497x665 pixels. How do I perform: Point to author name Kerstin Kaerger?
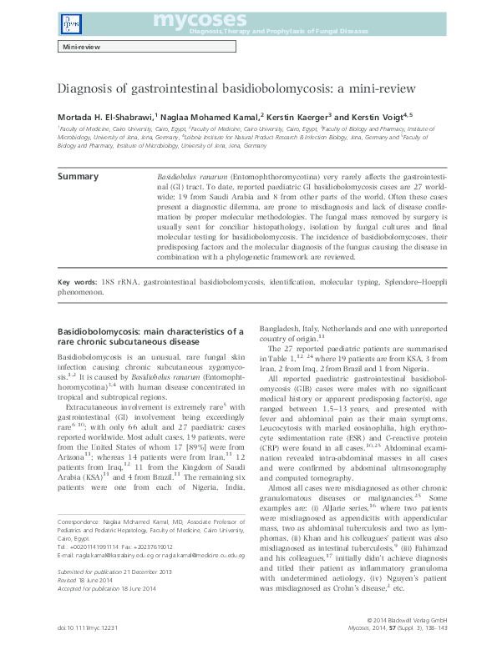(x=300, y=117)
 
